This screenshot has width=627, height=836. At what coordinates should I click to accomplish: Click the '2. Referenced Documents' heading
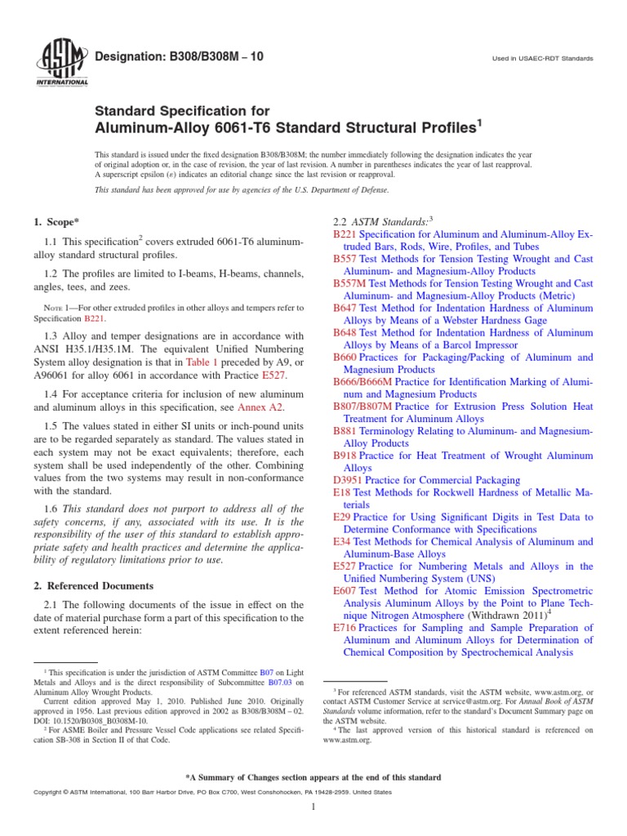93,586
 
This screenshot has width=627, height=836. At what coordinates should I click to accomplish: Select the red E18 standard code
341,493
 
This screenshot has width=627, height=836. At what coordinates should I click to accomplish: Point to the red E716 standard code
345,628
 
